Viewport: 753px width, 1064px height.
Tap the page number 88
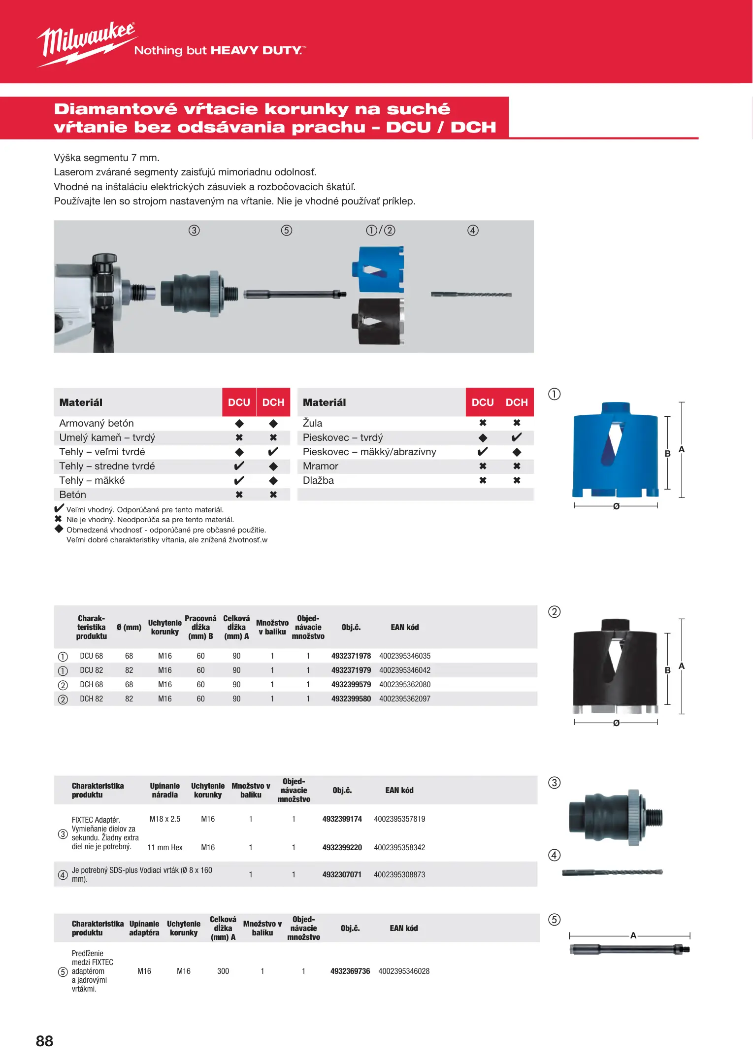pos(44,1041)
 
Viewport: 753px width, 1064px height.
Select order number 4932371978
pos(351,656)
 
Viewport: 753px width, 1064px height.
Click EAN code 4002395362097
pos(404,699)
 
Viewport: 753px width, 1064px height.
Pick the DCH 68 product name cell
pos(91,685)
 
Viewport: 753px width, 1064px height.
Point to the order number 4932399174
pos(342,819)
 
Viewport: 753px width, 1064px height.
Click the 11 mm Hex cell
pos(165,848)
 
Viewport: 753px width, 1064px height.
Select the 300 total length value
pos(223,971)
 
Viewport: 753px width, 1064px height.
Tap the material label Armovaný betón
pos(97,423)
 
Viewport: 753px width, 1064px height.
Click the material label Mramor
pos(321,466)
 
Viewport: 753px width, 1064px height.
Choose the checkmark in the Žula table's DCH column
pos(517,437)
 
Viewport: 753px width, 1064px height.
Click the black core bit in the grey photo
pos(378,322)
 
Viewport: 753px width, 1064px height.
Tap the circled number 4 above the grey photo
pos(473,231)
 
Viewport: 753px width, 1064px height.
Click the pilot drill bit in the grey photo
pos(471,295)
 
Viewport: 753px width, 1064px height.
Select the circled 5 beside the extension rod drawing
pos(555,920)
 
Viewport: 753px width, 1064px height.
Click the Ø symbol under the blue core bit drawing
pos(616,506)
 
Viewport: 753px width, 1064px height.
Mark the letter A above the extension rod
pos(633,935)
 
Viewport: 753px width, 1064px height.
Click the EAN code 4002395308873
pos(399,875)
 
